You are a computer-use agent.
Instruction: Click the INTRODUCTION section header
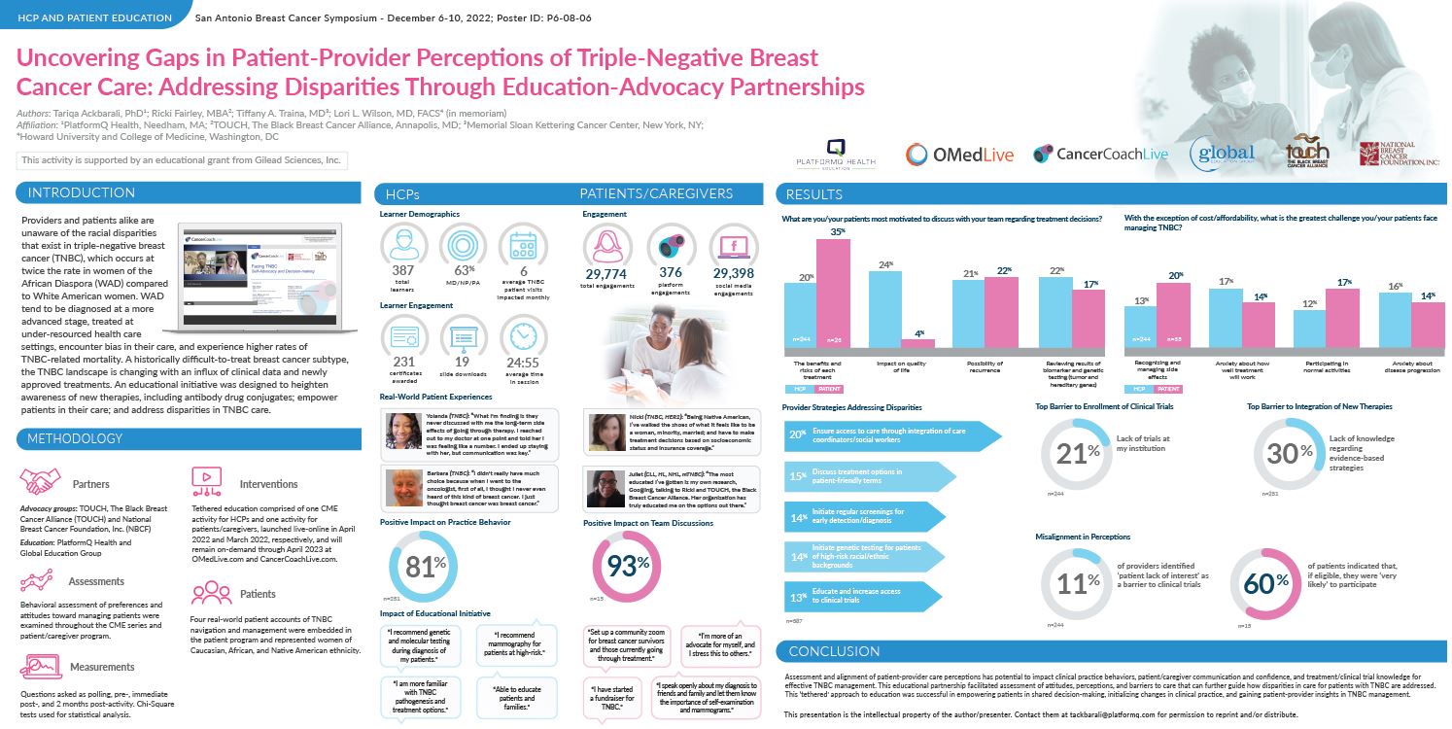(x=82, y=192)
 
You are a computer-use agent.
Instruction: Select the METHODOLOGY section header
(x=82, y=439)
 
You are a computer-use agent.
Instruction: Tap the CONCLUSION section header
(x=833, y=650)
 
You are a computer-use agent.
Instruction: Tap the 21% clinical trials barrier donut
(x=1076, y=454)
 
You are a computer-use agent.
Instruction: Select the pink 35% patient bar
(x=833, y=292)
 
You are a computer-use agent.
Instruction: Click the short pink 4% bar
(x=917, y=341)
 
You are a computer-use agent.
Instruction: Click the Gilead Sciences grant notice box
(x=182, y=159)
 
